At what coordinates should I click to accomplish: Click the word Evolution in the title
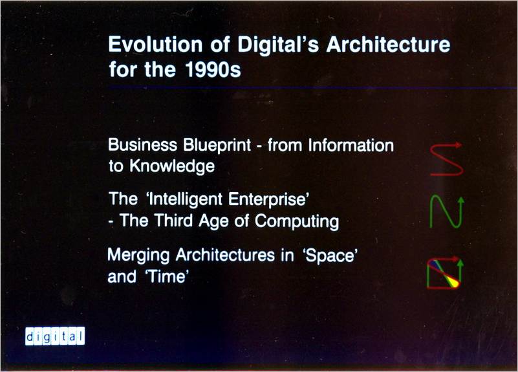[x=155, y=44]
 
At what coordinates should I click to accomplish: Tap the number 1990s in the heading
[x=213, y=69]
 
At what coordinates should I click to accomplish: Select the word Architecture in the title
[x=388, y=44]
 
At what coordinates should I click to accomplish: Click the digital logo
[x=55, y=336]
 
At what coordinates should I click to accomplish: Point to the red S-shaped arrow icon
[x=447, y=160]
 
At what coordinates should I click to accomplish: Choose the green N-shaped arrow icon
[x=447, y=212]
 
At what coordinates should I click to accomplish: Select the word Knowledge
[x=172, y=166]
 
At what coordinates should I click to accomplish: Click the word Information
[x=351, y=146]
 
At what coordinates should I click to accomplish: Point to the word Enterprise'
[x=268, y=199]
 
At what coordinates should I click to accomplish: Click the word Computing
[x=297, y=221]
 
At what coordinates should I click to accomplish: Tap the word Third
[x=173, y=221]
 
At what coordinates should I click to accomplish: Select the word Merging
[x=138, y=256]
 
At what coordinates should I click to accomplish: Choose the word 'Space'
[x=330, y=256]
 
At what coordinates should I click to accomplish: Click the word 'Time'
[x=167, y=276]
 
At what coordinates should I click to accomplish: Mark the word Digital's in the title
[x=278, y=44]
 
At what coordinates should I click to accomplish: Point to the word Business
[x=142, y=145]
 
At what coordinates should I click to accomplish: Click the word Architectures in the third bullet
[x=225, y=255]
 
